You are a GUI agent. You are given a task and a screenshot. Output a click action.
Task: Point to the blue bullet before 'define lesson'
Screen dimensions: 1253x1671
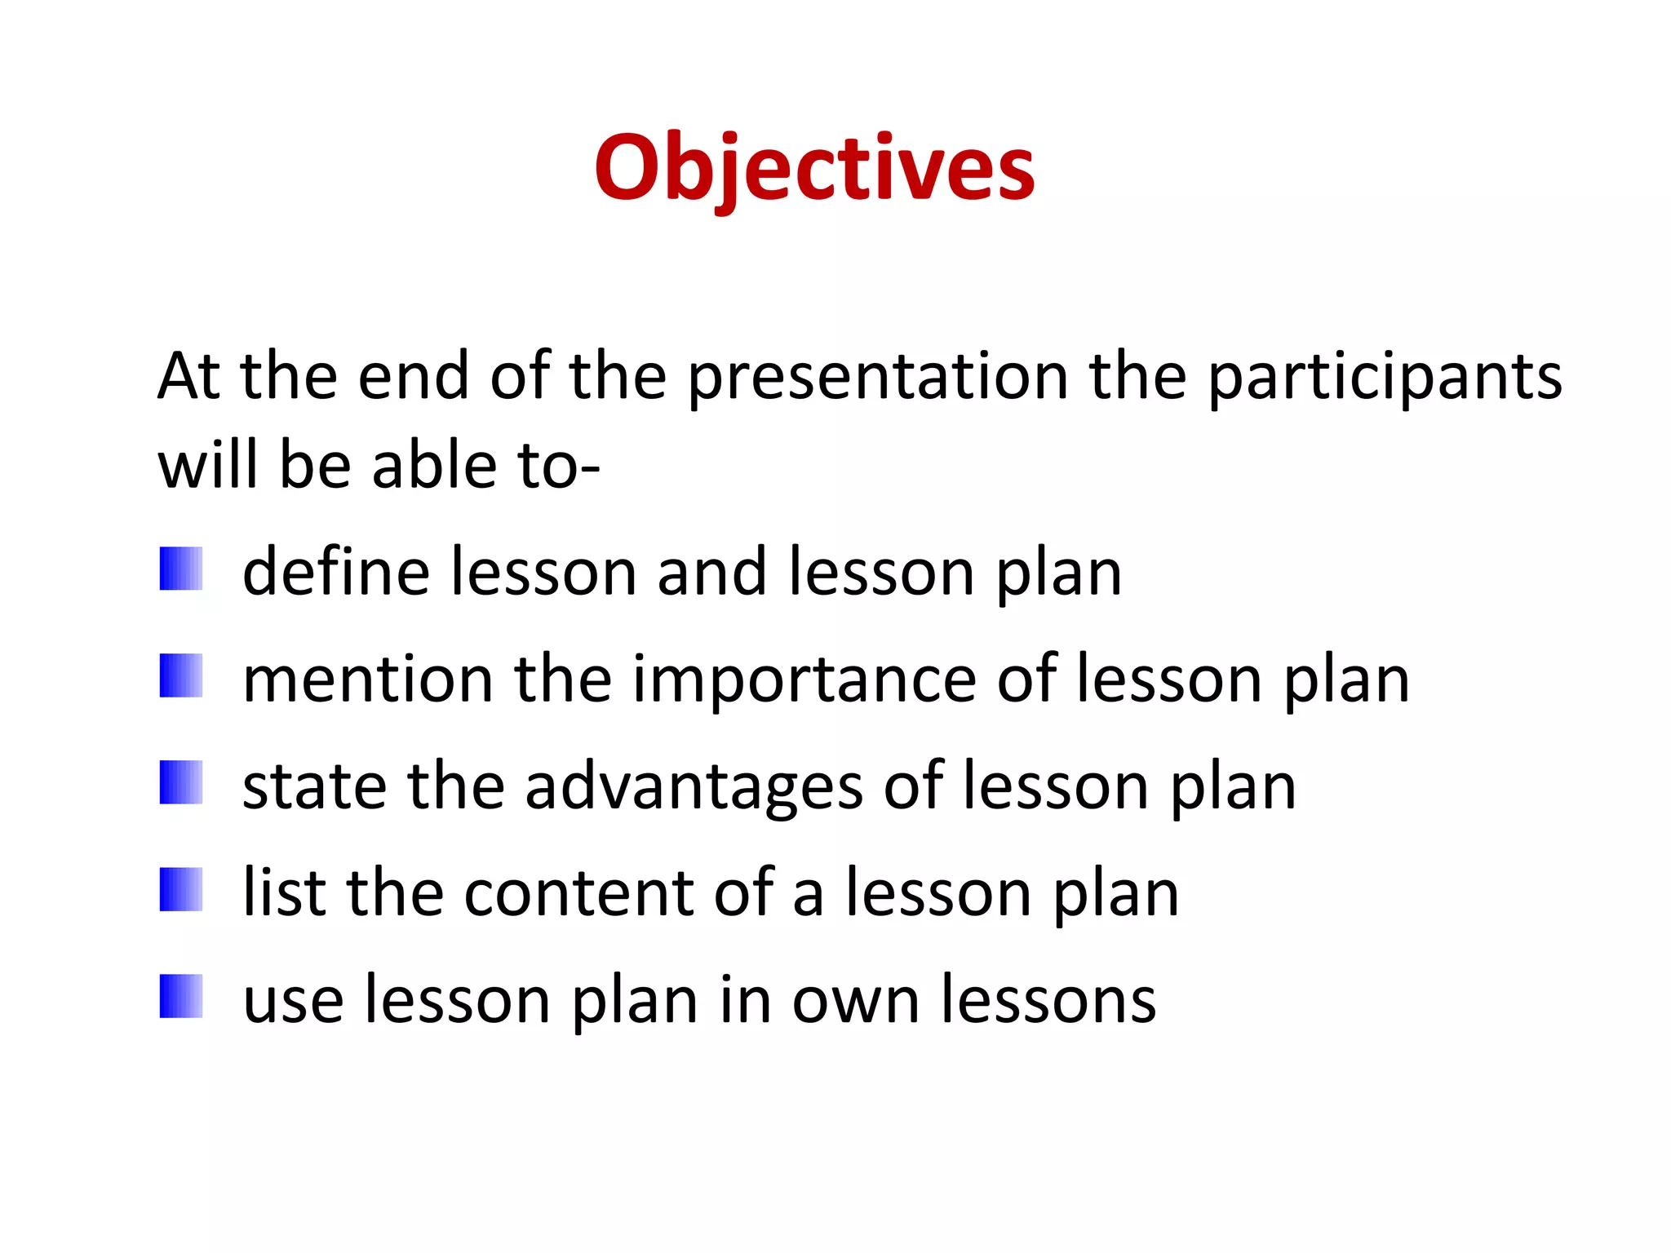pos(181,569)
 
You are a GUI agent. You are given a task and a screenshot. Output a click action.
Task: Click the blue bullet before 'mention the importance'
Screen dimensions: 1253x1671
pos(181,675)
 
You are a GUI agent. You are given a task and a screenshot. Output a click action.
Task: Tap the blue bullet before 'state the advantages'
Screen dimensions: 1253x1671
pos(181,782)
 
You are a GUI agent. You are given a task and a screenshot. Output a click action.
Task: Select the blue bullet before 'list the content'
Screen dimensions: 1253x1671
pos(181,889)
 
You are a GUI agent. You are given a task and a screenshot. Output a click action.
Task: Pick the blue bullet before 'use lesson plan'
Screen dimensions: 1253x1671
pos(181,996)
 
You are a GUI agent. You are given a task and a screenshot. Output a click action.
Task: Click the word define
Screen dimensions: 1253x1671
pos(336,572)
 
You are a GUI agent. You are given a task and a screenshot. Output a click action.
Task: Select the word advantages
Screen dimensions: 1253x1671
pos(694,786)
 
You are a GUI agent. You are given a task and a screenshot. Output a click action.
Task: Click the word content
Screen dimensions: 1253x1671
pos(578,892)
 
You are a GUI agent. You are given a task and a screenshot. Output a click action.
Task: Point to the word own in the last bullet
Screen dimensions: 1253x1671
pos(856,1000)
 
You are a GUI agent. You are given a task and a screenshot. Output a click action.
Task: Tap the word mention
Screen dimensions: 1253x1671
pos(368,679)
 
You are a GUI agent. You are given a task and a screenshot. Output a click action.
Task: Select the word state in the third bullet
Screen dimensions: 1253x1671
pos(315,786)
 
